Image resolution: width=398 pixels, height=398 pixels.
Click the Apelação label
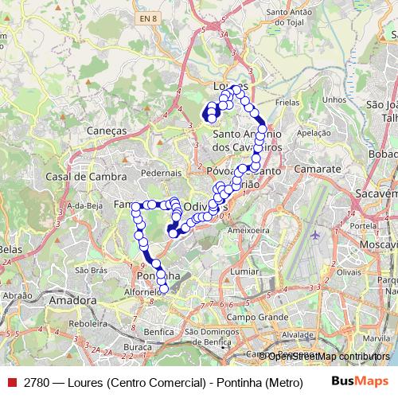click(313, 133)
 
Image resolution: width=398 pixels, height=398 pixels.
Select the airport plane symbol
click(316, 236)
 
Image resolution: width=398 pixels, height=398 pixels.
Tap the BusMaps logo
click(360, 381)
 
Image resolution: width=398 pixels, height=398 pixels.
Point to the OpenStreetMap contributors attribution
click(328, 356)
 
